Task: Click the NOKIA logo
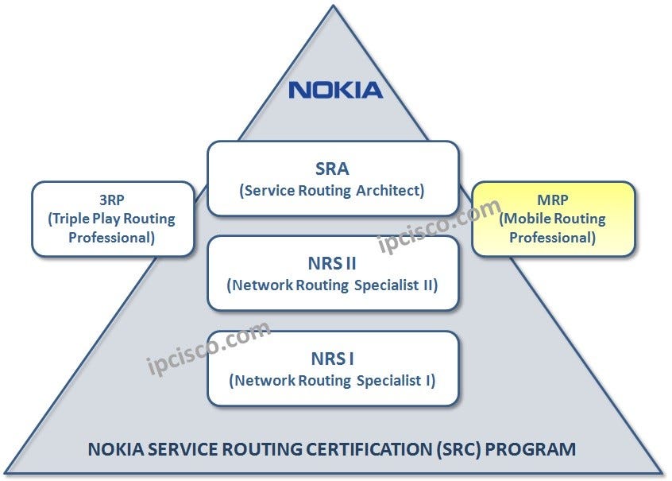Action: (335, 89)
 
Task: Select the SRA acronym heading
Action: (332, 169)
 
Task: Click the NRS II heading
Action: (332, 262)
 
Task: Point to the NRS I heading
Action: (332, 358)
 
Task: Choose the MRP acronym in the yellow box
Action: (553, 201)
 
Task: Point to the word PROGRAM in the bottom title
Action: (531, 449)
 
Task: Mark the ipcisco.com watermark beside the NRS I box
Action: (208, 348)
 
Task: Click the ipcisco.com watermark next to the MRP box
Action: (439, 226)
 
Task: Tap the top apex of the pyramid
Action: (335, 6)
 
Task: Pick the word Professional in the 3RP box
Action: (111, 237)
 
